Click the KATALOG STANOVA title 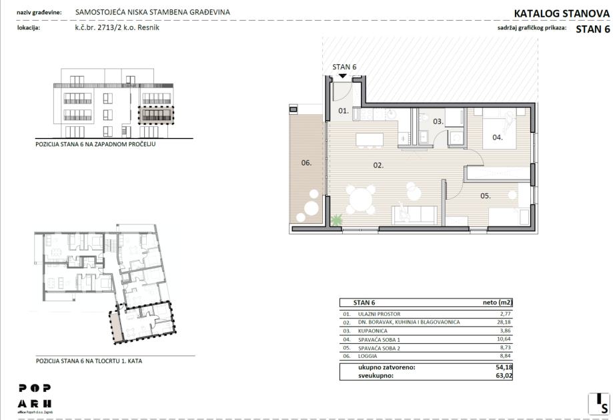pos(562,13)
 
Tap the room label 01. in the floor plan pos(344,111)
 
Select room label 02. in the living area pos(378,165)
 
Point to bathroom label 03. pos(438,122)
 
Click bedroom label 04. pos(498,138)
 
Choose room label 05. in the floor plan pos(485,196)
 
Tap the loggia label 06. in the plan pos(306,162)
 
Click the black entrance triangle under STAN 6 pos(343,75)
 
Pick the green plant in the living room pos(336,220)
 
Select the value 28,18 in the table pos(505,322)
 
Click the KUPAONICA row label pos(373,331)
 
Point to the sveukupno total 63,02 pos(504,376)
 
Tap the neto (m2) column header pos(498,302)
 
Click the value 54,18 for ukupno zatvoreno pos(504,367)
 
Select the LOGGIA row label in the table pos(368,356)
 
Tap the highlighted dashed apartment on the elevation pos(156,115)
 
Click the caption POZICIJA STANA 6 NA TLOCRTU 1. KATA pos(89,361)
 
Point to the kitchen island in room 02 pos(370,140)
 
